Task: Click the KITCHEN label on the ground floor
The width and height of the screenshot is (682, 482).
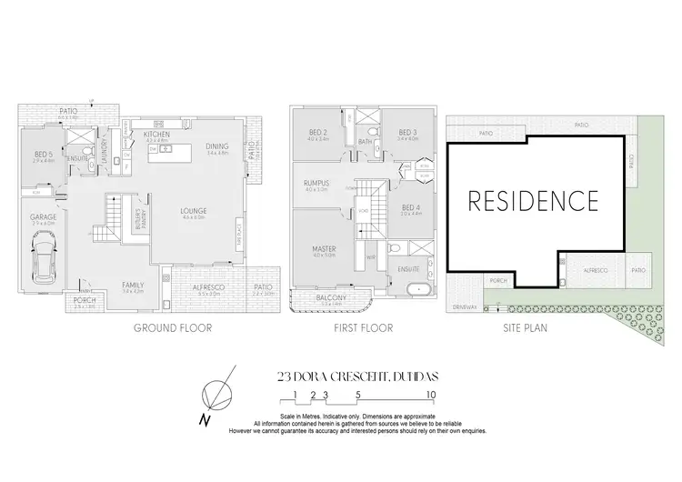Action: point(158,134)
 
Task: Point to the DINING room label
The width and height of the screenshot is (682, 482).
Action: point(217,146)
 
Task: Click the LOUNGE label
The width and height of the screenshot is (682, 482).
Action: point(192,209)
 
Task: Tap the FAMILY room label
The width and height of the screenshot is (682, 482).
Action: point(133,286)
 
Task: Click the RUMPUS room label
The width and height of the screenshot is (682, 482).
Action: point(317,184)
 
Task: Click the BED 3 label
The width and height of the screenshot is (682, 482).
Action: point(406,133)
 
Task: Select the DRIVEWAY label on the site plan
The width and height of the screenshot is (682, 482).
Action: point(463,308)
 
